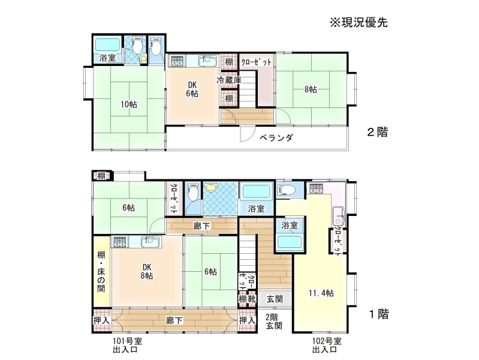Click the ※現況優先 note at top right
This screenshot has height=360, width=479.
pyautogui.click(x=359, y=23)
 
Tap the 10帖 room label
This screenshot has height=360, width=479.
pyautogui.click(x=129, y=104)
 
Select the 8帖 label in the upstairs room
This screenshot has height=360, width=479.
pyautogui.click(x=311, y=89)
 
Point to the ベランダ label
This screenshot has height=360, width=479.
pyautogui.click(x=276, y=138)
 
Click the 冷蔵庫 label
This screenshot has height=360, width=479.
pyautogui.click(x=229, y=80)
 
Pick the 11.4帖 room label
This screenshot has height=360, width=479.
pyautogui.click(x=321, y=293)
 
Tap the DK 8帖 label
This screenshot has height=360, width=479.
pyautogui.click(x=147, y=271)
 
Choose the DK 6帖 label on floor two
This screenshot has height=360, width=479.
pyautogui.click(x=192, y=89)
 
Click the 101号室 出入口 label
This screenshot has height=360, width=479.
pyautogui.click(x=127, y=345)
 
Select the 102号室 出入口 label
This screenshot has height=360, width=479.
pyautogui.click(x=327, y=345)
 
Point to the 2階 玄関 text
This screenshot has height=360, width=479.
pyautogui.click(x=274, y=321)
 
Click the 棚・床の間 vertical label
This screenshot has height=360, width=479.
pyautogui.click(x=101, y=272)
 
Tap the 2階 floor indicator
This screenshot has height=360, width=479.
pyautogui.click(x=377, y=132)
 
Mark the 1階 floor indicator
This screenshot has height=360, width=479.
pyautogui.click(x=379, y=314)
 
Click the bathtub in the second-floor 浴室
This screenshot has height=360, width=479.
pyautogui.click(x=107, y=45)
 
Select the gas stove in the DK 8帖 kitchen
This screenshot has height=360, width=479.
pyautogui.click(x=120, y=242)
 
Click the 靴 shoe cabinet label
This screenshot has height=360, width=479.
pyautogui.click(x=251, y=299)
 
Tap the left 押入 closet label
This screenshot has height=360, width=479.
pyautogui.click(x=101, y=320)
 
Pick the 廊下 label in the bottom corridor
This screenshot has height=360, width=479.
pyautogui.click(x=174, y=320)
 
